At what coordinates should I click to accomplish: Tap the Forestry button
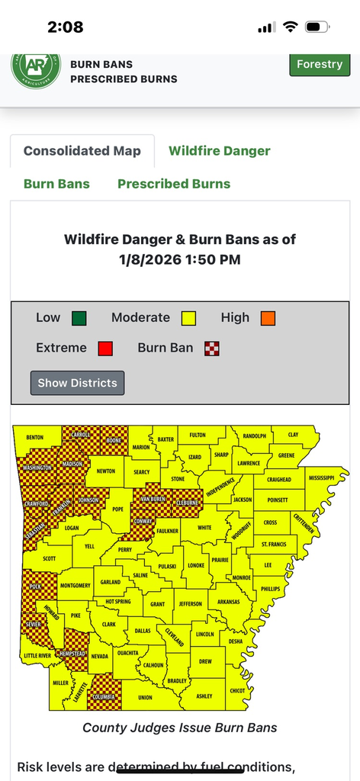click(x=320, y=64)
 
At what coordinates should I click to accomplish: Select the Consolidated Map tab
click(x=82, y=150)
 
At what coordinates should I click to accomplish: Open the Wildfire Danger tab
click(x=219, y=150)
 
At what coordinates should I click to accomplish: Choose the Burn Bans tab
click(x=56, y=184)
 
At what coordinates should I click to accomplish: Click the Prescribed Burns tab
click(x=174, y=184)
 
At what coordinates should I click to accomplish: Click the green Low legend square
click(x=79, y=318)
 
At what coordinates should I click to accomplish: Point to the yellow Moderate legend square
click(x=188, y=318)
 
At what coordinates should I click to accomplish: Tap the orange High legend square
click(x=267, y=318)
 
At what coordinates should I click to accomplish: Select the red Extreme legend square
click(x=105, y=349)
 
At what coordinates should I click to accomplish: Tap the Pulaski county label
click(x=166, y=567)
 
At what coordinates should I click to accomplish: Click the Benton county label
click(x=35, y=439)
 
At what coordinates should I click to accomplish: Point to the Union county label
click(x=146, y=697)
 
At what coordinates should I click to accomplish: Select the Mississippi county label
click(x=321, y=477)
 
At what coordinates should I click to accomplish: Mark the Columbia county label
click(x=104, y=696)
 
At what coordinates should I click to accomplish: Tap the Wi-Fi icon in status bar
click(x=290, y=27)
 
